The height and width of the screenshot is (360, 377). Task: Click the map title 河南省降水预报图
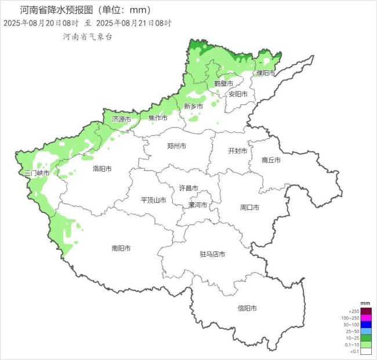pos(55,10)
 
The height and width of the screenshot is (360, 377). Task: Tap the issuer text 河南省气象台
pos(88,37)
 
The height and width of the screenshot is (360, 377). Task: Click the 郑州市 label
pos(176,146)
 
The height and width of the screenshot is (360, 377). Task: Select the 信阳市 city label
pos(247,308)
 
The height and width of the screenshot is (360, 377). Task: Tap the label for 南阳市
pos(121,248)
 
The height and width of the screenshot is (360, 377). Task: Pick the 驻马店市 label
pos(212,254)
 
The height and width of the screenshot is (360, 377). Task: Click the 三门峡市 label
pos(37,173)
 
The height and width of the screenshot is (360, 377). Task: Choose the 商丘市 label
pos(271,160)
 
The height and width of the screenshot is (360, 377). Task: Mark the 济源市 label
pos(121,119)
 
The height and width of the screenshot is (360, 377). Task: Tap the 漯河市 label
pos(198,205)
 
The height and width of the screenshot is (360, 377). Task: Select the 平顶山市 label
pos(154,200)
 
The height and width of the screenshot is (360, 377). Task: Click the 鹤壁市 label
pos(223,83)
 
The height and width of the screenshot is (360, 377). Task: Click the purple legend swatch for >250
pos(365,312)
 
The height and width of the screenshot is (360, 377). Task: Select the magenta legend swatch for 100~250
pos(365,318)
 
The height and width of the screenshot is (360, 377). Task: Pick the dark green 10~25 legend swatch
pos(365,338)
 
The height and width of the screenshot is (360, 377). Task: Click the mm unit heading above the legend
pos(365,303)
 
